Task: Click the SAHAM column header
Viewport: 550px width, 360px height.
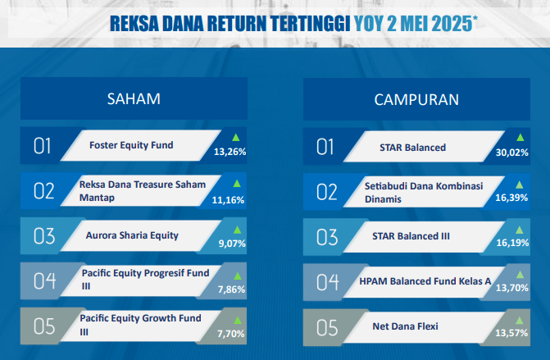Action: coord(134,99)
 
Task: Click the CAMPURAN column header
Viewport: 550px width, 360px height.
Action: coord(416,100)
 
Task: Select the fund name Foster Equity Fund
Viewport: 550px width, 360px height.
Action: coord(131,145)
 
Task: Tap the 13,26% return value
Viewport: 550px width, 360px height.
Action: coord(230,152)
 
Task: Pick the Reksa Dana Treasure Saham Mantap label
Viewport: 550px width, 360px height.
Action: coord(143,191)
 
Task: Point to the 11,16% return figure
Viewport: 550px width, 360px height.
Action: coord(228,200)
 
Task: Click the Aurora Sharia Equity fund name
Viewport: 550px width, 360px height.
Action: coord(132,235)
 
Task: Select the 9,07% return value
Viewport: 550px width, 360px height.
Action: coord(232,244)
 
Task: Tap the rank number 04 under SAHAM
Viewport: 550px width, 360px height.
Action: coord(44,280)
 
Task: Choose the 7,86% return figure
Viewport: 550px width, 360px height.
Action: coord(231,289)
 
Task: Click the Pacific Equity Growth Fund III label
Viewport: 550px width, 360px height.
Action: coord(141,325)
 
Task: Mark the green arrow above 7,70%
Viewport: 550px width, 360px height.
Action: coord(238,321)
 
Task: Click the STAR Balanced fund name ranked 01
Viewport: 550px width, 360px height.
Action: coord(412,148)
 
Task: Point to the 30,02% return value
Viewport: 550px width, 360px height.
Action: coord(511,153)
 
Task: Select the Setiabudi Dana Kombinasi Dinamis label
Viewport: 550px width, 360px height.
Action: coord(424,192)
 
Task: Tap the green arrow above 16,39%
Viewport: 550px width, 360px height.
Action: coord(520,185)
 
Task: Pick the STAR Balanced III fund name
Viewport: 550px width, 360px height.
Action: coord(411,236)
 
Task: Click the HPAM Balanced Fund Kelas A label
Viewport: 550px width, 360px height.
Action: coord(425,281)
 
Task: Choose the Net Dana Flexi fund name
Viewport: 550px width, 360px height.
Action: coord(405,326)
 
